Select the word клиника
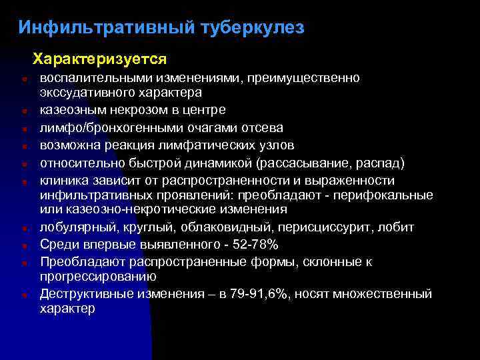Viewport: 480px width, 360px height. pyautogui.click(x=63, y=181)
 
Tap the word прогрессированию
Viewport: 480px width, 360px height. pyautogui.click(x=98, y=276)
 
